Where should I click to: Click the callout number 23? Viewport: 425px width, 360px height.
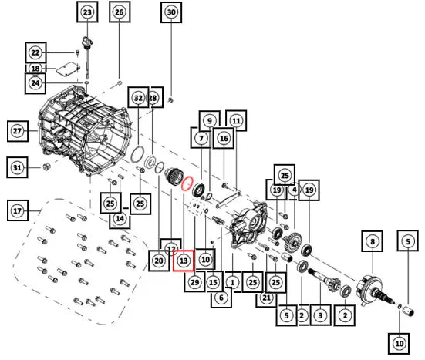point(87,12)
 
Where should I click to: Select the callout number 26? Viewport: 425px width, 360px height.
point(120,12)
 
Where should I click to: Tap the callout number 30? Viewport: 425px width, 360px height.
point(171,12)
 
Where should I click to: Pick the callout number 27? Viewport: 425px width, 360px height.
point(17,131)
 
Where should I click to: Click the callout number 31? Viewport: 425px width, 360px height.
point(17,168)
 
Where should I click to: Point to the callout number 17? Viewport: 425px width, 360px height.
point(17,210)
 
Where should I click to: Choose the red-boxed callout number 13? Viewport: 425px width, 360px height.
point(184,261)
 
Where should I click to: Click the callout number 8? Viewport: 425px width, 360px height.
point(372,241)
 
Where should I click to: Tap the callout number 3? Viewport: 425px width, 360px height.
point(320,315)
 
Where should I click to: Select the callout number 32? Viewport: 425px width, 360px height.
point(138,98)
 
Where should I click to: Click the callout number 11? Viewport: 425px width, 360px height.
point(236,121)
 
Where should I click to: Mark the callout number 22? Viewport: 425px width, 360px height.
point(35,52)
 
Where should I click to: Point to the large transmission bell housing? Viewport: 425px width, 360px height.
point(84,130)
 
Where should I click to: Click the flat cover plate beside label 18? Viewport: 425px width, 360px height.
point(69,69)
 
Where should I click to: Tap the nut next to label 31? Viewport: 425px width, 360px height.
point(46,167)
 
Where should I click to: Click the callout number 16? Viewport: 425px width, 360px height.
point(224,138)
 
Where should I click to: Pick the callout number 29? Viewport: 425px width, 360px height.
point(194,282)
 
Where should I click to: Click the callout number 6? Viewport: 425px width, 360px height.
point(221,298)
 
